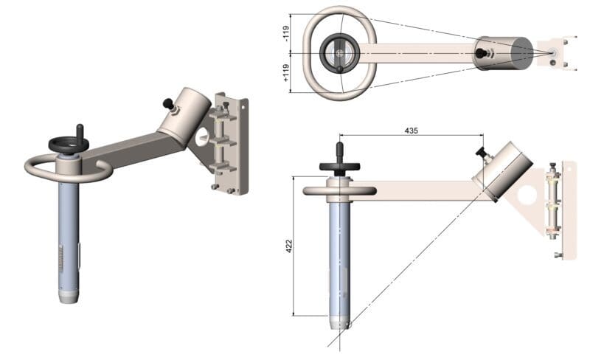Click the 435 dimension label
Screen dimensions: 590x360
[411, 131]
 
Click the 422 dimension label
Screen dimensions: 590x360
[289, 246]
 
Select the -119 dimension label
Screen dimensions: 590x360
[286, 33]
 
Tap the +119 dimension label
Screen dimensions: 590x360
[286, 73]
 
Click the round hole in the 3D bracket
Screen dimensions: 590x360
[202, 137]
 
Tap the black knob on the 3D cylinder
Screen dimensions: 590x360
[168, 103]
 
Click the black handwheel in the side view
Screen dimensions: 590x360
[339, 166]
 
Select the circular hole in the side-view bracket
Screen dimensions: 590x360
[527, 195]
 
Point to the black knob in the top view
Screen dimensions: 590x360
[480, 53]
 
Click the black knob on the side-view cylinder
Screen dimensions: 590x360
[482, 153]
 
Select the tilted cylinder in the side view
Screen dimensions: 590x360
[502, 171]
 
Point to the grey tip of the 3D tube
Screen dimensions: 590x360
[69, 297]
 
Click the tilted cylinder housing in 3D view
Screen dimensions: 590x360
[184, 116]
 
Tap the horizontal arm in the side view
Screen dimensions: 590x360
[414, 190]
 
